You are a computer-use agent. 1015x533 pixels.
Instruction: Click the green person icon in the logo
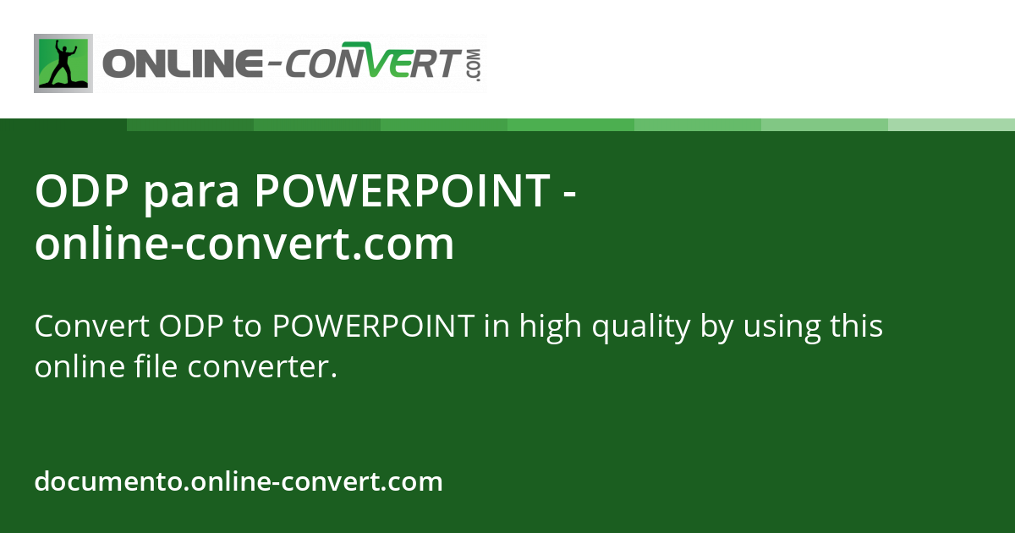[x=63, y=63]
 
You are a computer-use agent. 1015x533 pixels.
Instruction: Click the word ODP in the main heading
[x=81, y=191]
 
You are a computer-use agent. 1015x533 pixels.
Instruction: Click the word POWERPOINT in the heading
[x=402, y=191]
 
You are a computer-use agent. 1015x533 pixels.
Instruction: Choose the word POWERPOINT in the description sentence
[x=373, y=326]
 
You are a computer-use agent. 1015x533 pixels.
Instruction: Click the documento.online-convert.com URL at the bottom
[x=239, y=482]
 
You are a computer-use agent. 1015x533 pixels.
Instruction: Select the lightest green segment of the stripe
[x=952, y=124]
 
